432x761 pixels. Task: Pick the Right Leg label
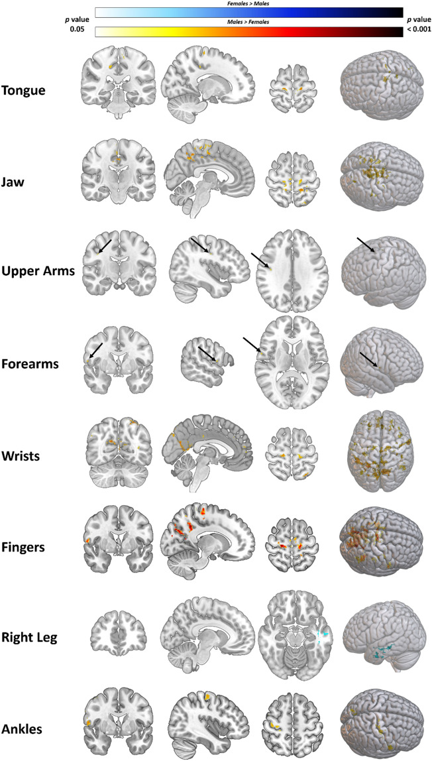(31, 638)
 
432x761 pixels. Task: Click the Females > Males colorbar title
(249, 4)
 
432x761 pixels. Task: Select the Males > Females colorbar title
(249, 23)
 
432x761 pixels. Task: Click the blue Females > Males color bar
(249, 12)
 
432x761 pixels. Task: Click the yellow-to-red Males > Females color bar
(249, 31)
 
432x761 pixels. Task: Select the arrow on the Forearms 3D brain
(369, 360)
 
